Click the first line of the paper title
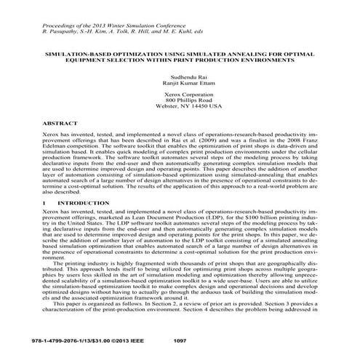coord(180,53)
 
